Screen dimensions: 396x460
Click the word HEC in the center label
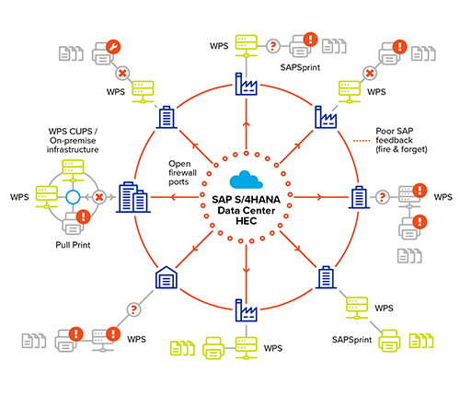[x=245, y=215]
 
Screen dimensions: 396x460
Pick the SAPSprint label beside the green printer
[x=351, y=340]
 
